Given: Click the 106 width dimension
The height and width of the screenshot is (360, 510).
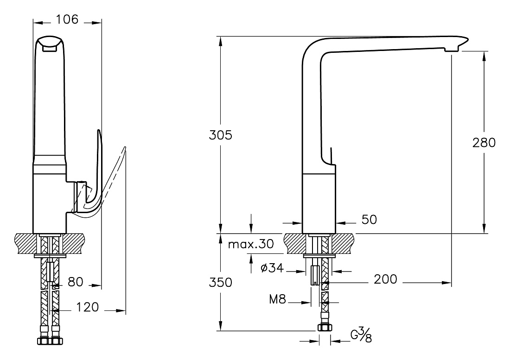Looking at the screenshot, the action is point(67,19).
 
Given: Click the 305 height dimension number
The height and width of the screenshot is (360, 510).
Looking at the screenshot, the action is point(221,135).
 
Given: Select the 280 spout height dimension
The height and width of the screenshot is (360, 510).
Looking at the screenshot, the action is point(484,143).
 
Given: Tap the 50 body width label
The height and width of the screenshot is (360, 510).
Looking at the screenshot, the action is point(369,220).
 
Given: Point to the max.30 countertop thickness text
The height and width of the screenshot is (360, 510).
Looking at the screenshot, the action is point(251,244).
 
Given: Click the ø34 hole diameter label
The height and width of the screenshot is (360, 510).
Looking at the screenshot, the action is point(272,268).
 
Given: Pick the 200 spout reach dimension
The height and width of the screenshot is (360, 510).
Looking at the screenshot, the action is point(385,279).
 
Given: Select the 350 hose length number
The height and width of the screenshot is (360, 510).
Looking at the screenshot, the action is point(221,282).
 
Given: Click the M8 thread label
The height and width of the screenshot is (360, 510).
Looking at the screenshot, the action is point(277,299).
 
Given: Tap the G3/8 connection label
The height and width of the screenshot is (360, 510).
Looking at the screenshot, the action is point(361,335).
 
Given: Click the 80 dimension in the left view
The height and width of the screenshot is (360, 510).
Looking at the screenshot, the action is point(76,282).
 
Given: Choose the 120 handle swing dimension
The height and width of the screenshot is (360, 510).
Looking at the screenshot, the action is point(87,307).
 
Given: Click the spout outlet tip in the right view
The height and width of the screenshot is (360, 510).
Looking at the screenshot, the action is point(452,50).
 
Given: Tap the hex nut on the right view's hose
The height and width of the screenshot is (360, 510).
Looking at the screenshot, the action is point(325,328).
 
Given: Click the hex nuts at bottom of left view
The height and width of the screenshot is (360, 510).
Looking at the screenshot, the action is point(51,341).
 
